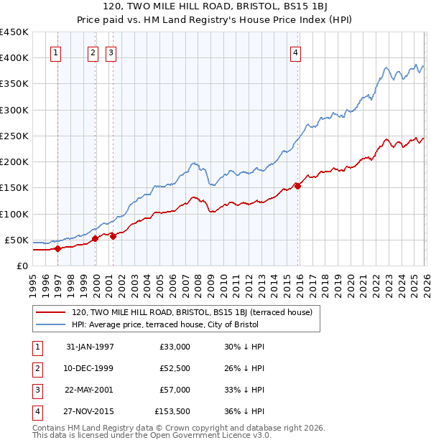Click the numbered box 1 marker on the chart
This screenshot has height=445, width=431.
[56, 52]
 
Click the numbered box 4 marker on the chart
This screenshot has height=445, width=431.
[295, 52]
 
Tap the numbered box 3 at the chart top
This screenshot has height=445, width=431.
[111, 52]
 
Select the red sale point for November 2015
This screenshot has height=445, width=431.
[298, 186]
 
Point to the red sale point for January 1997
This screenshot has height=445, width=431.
[58, 248]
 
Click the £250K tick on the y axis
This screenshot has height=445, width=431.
[14, 136]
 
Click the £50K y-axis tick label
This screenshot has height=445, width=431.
[17, 240]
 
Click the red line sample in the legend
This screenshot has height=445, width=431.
[50, 313]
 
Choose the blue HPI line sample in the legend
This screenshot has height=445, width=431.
[50, 326]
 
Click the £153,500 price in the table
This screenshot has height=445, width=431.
[172, 411]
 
